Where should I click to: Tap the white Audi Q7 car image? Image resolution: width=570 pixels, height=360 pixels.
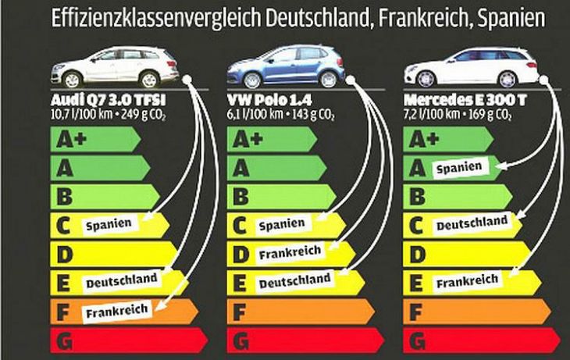[x=114, y=66]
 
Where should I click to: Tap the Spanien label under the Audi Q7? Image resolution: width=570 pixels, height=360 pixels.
[x=108, y=224]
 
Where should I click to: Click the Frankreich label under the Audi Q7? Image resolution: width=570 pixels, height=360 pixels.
[x=117, y=311]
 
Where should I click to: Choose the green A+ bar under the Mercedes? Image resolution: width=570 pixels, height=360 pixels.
[x=449, y=139]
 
